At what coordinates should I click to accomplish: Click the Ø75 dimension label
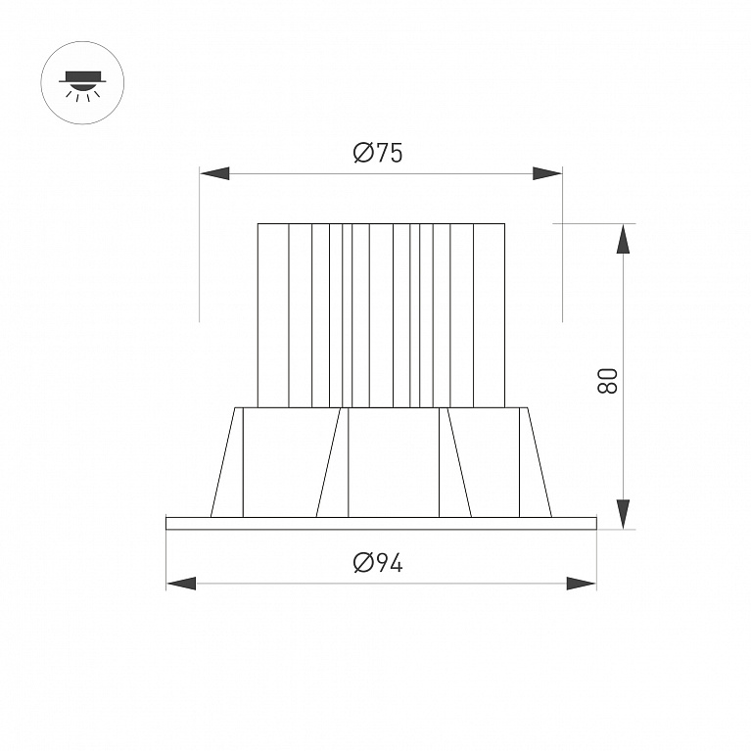[x=378, y=153]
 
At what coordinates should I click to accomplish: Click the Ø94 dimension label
[x=378, y=562]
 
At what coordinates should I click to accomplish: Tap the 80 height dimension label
[x=607, y=380]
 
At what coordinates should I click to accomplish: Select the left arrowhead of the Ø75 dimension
[x=214, y=173]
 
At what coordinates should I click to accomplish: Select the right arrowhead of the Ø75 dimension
[x=547, y=173]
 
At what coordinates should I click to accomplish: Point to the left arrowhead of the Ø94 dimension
[x=181, y=584]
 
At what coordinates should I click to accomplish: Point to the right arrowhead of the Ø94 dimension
[x=582, y=584]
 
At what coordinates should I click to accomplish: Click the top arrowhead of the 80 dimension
[x=623, y=239]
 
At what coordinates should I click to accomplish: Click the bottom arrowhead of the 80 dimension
[x=623, y=514]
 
